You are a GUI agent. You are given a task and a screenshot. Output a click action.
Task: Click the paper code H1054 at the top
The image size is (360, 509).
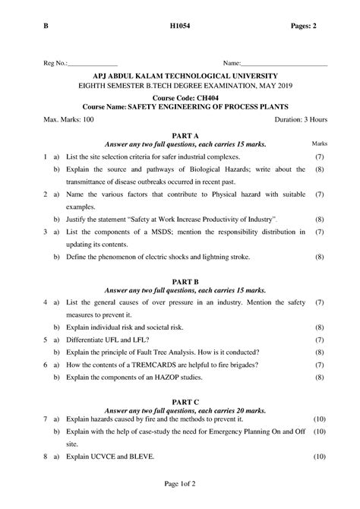(180, 27)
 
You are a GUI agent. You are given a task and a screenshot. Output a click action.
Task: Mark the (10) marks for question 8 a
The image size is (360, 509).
(319, 457)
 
